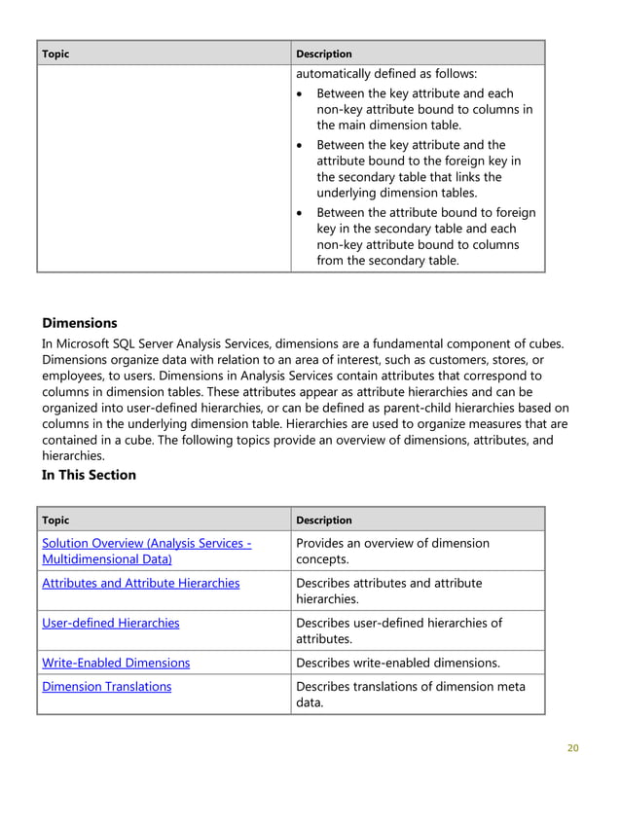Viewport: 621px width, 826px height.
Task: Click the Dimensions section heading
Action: click(80, 323)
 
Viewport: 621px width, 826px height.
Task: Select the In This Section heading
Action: click(89, 475)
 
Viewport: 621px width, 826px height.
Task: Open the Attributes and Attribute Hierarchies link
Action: click(141, 583)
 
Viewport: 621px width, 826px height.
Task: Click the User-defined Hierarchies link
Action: click(111, 623)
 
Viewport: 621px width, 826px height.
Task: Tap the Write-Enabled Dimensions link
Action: click(116, 663)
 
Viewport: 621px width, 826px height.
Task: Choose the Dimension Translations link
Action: click(107, 686)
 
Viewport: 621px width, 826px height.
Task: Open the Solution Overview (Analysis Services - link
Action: click(147, 543)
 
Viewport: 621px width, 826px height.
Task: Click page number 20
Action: click(572, 748)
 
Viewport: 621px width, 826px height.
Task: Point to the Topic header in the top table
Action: click(56, 54)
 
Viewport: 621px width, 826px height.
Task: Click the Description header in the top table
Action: click(324, 54)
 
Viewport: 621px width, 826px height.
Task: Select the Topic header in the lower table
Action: click(56, 520)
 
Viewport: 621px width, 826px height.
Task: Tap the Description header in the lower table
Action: click(324, 520)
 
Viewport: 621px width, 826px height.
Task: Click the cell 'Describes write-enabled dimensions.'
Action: click(397, 663)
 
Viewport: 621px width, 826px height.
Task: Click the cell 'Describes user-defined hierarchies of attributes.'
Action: click(399, 630)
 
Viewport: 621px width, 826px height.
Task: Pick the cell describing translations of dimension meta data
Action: click(410, 695)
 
